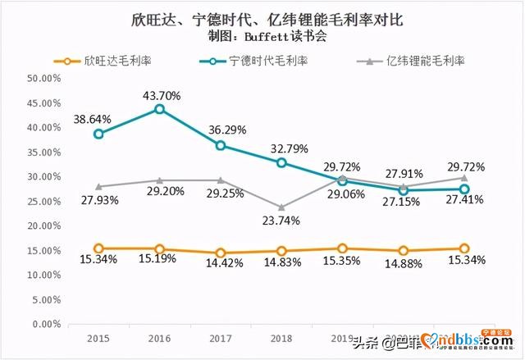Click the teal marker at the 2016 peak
click(x=159, y=108)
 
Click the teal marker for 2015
click(x=98, y=134)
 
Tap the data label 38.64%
click(x=95, y=118)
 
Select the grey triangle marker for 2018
click(x=281, y=207)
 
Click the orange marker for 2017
click(x=220, y=253)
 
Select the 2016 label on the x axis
click(x=159, y=337)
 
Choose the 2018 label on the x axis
click(x=281, y=337)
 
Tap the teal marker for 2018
click(x=281, y=162)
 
